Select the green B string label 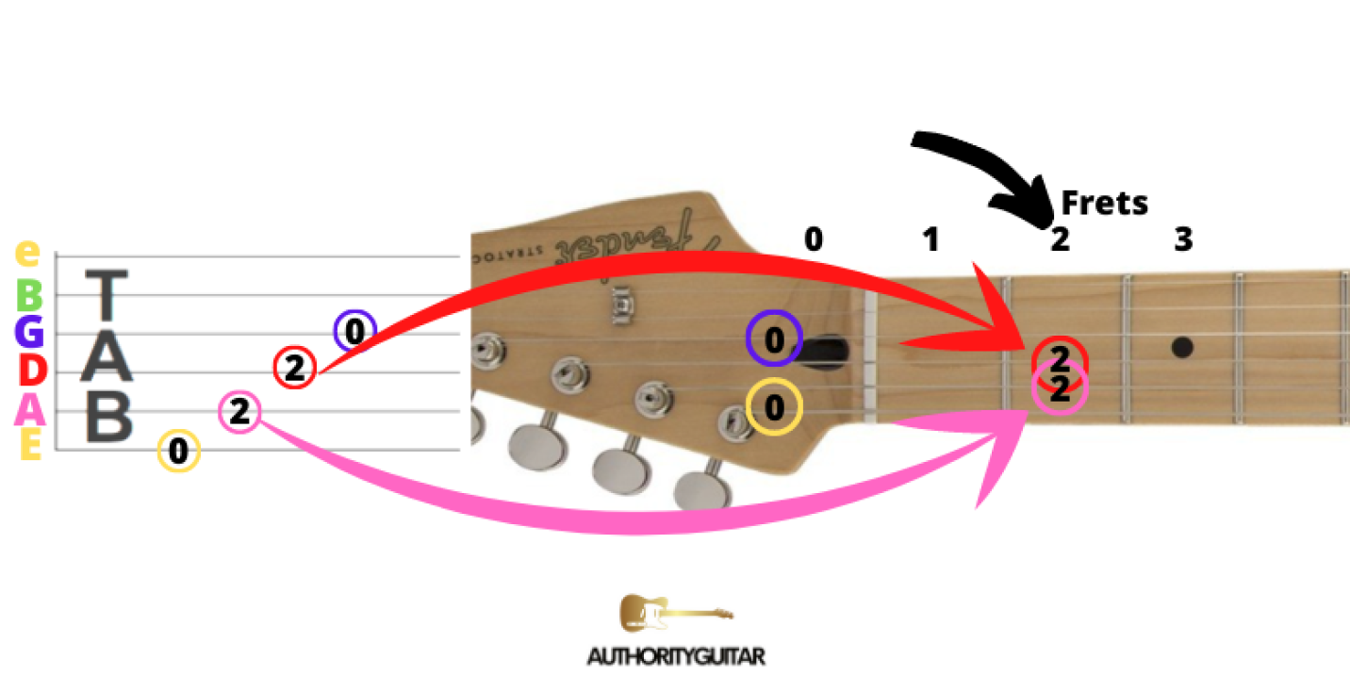coord(30,296)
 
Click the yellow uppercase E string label coord(30,446)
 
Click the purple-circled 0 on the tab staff coord(354,331)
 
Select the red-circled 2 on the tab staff coord(294,368)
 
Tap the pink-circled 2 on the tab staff coord(239,412)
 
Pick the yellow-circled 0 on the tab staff coord(178,452)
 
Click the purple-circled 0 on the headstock coord(774,339)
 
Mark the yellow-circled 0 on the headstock coord(774,407)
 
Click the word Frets coord(1104,202)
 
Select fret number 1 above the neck coord(930,240)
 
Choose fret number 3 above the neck coord(1182,240)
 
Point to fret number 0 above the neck coord(813,239)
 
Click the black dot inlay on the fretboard coord(1182,347)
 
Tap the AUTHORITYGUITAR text coord(675,656)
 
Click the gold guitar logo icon coord(675,613)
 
